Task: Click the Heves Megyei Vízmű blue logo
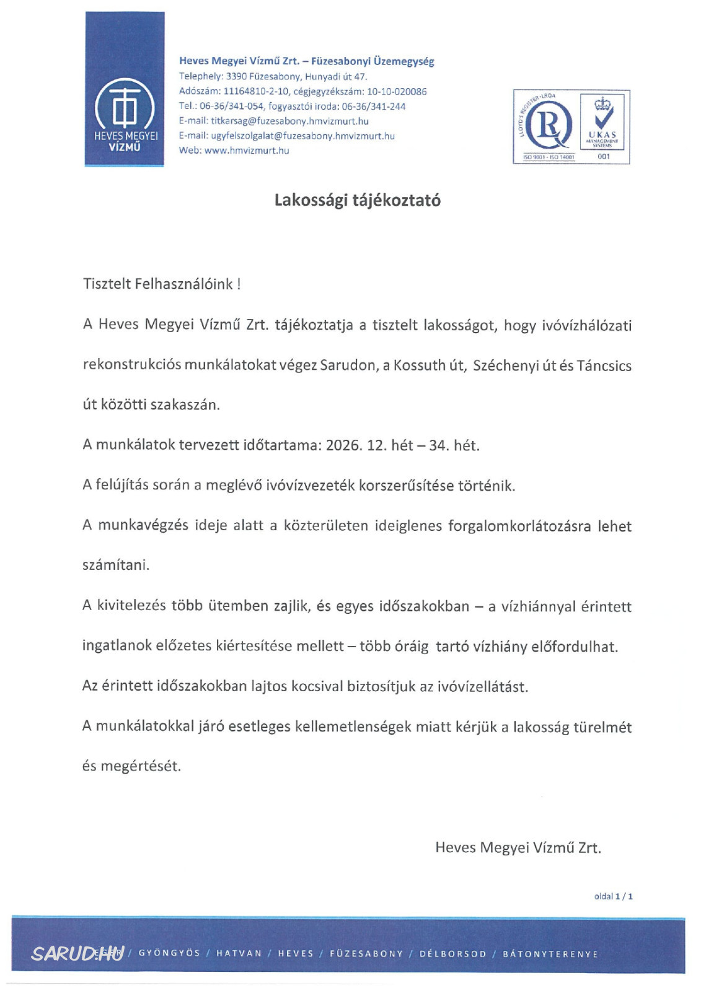pyautogui.click(x=125, y=89)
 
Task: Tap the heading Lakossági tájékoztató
pyautogui.click(x=357, y=200)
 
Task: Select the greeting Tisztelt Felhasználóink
pyautogui.click(x=161, y=284)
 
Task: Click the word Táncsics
pyautogui.click(x=604, y=366)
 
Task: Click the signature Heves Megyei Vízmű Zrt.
pyautogui.click(x=518, y=847)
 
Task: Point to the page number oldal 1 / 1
pyautogui.click(x=613, y=896)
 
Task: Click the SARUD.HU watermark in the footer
pyautogui.click(x=77, y=953)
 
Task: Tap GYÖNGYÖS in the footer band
pyautogui.click(x=169, y=953)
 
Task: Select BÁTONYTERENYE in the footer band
pyautogui.click(x=550, y=954)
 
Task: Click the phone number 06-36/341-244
pyautogui.click(x=374, y=107)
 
